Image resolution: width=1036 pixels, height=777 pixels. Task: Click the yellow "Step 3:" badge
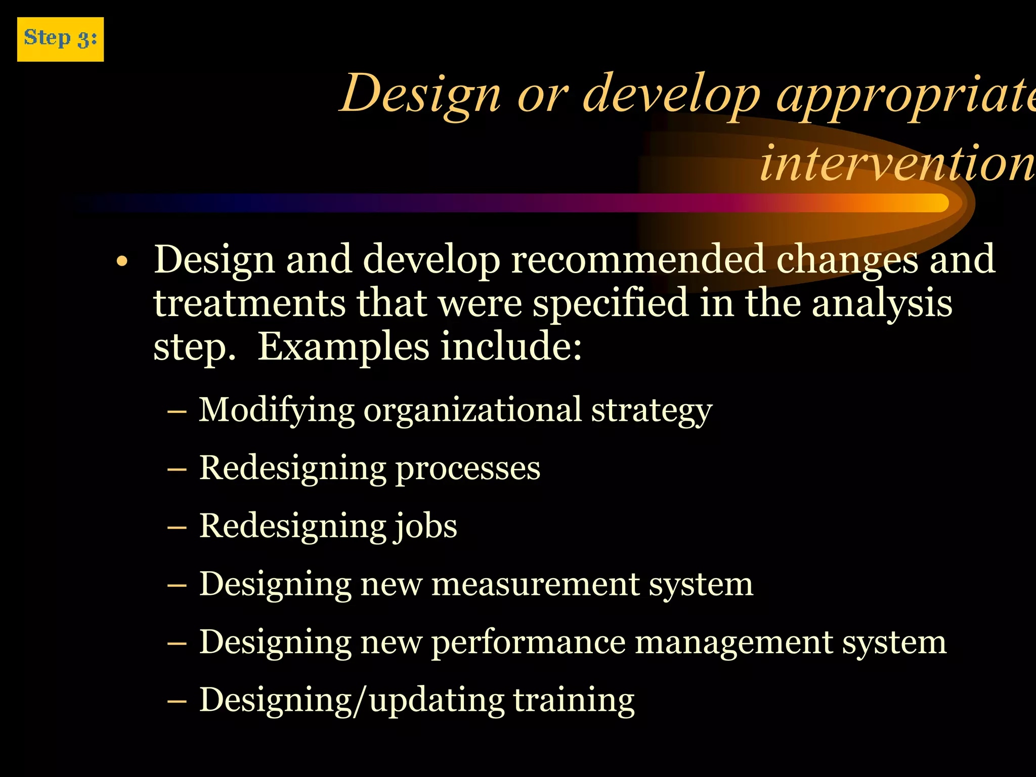click(60, 39)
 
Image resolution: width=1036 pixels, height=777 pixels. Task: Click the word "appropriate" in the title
click(905, 95)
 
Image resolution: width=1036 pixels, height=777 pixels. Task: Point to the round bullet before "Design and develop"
click(121, 262)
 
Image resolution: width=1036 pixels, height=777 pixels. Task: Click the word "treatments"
click(249, 303)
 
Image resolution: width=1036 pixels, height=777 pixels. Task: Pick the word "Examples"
click(343, 347)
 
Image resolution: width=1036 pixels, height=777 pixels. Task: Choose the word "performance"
click(528, 643)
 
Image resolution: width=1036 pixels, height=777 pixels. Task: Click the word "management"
click(733, 643)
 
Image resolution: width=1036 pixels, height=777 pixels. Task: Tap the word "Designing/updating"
click(352, 701)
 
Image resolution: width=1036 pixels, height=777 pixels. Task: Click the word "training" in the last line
click(574, 701)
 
